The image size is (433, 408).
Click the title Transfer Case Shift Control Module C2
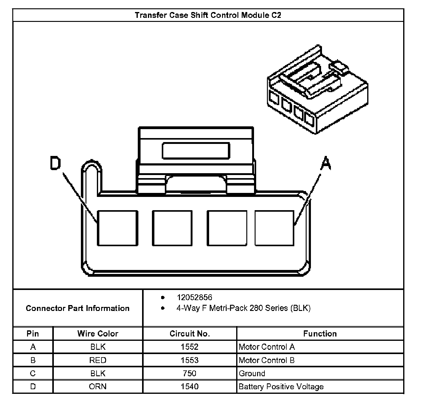click(208, 15)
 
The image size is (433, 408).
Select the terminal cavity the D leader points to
click(117, 228)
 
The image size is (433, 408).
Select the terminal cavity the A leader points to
click(274, 228)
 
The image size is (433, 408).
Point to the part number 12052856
click(194, 297)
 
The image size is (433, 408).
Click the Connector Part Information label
click(77, 308)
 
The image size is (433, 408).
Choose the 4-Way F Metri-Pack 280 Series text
click(243, 308)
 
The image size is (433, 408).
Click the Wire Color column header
click(98, 333)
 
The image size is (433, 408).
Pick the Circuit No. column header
click(189, 333)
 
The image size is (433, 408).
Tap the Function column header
click(320, 333)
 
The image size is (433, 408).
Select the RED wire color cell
click(98, 360)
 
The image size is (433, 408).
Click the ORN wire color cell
click(98, 386)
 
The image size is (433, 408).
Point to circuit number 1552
click(189, 347)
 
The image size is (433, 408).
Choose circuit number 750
click(189, 373)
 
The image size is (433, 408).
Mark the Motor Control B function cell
click(267, 360)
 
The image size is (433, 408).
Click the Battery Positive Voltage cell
click(281, 386)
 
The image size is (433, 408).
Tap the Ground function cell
click(252, 373)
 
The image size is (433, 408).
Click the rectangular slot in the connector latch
click(196, 151)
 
